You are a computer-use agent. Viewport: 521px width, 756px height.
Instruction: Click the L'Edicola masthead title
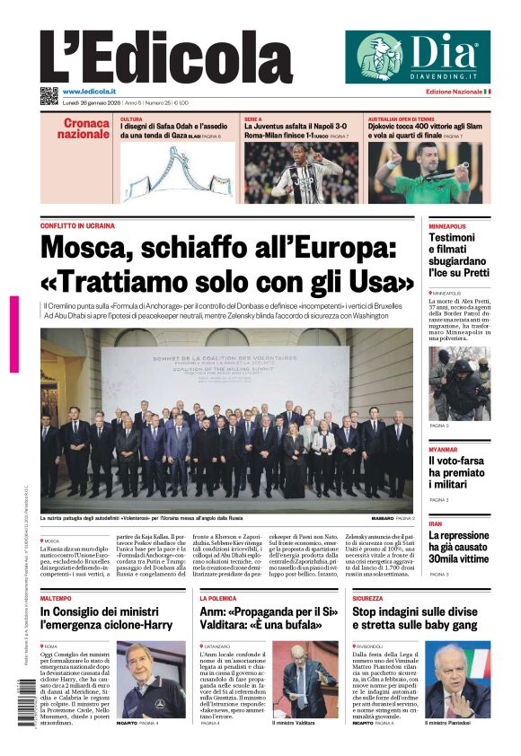pyautogui.click(x=165, y=57)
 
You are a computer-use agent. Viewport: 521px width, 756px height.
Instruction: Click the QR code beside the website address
pyautogui.click(x=49, y=95)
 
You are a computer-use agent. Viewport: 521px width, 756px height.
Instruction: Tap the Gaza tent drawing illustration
pyautogui.click(x=176, y=172)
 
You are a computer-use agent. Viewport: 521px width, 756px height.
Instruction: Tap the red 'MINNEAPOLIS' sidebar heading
pyautogui.click(x=447, y=226)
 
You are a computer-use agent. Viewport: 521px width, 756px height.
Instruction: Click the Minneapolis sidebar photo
pyautogui.click(x=459, y=383)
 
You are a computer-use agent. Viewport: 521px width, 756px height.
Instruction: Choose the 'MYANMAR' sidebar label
pyautogui.click(x=444, y=448)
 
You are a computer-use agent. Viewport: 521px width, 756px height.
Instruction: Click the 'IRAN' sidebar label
pyautogui.click(x=435, y=523)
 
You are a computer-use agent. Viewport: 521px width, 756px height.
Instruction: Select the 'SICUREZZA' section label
pyautogui.click(x=367, y=597)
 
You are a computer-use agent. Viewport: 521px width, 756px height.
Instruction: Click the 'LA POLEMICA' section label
pyautogui.click(x=218, y=597)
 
